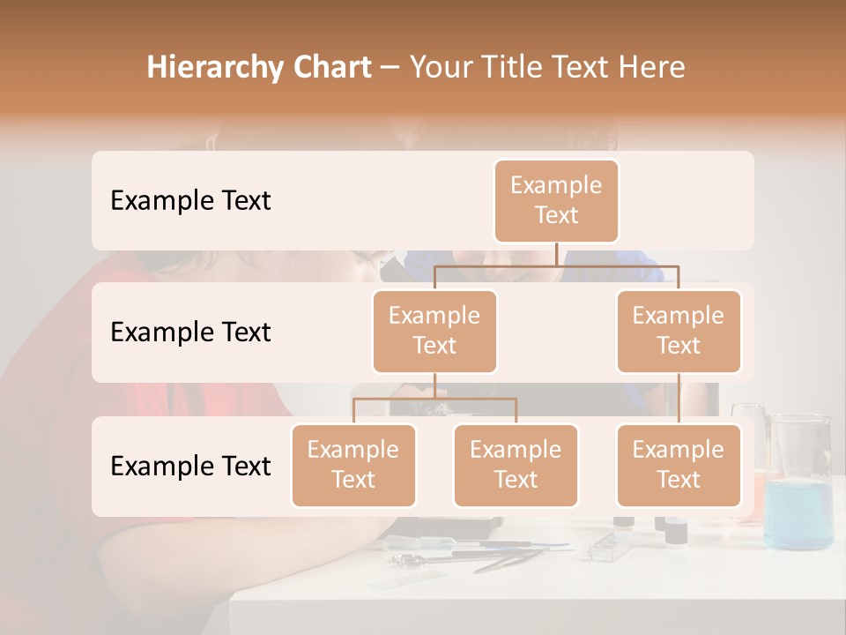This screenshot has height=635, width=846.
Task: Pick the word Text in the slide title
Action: [x=587, y=68]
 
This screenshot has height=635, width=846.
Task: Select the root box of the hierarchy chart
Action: [x=556, y=201]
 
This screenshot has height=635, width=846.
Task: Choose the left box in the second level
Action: [x=434, y=332]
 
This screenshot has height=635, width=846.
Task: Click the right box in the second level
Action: [x=679, y=332]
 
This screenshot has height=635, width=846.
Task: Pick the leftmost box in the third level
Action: [x=353, y=466]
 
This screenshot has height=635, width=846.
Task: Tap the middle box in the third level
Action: [x=516, y=466]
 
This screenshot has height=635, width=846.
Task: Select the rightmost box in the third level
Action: [x=679, y=466]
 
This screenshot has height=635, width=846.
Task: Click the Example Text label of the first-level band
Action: [x=190, y=201]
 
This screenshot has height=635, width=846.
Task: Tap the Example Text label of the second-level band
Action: [x=190, y=332]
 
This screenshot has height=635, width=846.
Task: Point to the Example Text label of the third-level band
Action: [x=190, y=466]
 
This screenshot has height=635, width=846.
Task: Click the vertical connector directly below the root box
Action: [x=556, y=254]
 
